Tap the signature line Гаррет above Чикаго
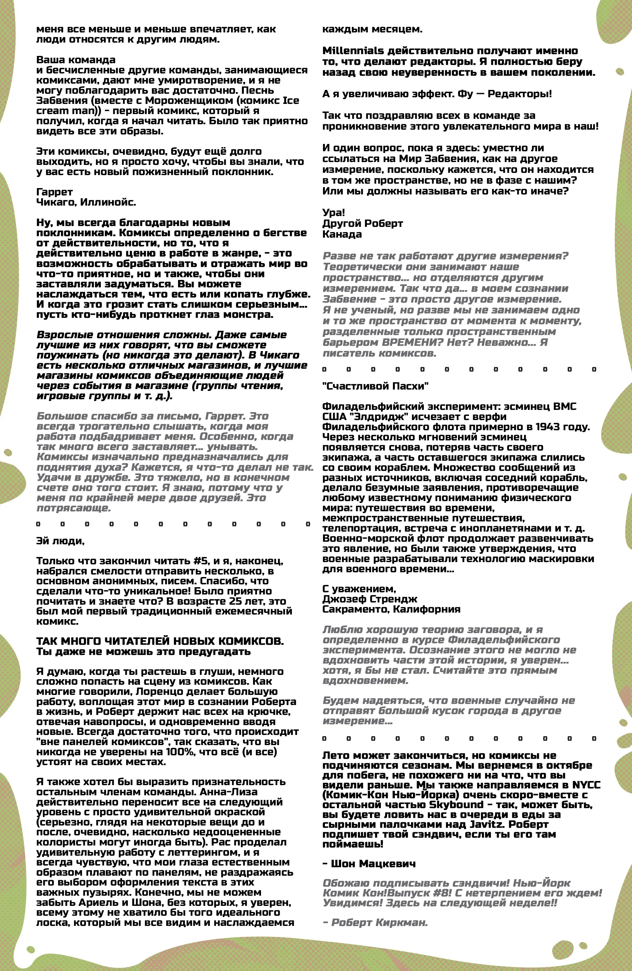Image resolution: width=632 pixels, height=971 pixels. (x=54, y=192)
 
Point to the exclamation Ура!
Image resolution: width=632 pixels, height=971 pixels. (x=333, y=213)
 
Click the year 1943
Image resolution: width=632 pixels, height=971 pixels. (x=547, y=427)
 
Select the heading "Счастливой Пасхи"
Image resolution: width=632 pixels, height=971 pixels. (x=375, y=386)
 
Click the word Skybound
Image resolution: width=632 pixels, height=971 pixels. (x=456, y=805)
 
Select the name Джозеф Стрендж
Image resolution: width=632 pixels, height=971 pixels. (x=369, y=599)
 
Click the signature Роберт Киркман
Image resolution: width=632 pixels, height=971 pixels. (x=379, y=922)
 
